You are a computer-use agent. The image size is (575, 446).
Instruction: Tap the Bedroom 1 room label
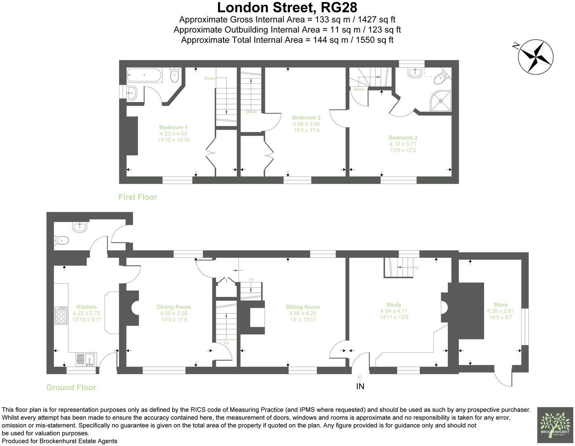click(x=173, y=127)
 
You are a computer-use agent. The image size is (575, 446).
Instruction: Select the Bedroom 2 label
click(x=306, y=118)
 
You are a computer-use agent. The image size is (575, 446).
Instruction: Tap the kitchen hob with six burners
click(x=61, y=315)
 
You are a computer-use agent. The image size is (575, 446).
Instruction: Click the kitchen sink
click(x=86, y=359)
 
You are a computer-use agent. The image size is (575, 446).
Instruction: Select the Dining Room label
click(x=174, y=307)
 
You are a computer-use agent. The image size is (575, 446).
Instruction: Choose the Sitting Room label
click(x=303, y=307)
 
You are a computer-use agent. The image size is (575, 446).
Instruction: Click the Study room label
click(x=394, y=305)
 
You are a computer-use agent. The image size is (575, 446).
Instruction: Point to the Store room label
click(x=500, y=305)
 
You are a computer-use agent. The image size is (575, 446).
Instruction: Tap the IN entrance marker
click(x=360, y=387)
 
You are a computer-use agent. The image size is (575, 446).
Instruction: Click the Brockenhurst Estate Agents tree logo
click(x=554, y=425)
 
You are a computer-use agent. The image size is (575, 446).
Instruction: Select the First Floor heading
click(x=138, y=197)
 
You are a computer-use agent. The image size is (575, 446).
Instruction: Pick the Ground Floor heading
click(x=71, y=387)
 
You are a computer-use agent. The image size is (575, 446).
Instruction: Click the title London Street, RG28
click(x=287, y=7)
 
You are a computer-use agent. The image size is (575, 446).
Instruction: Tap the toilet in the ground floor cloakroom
click(x=62, y=240)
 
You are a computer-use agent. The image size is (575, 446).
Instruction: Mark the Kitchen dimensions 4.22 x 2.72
click(x=86, y=313)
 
